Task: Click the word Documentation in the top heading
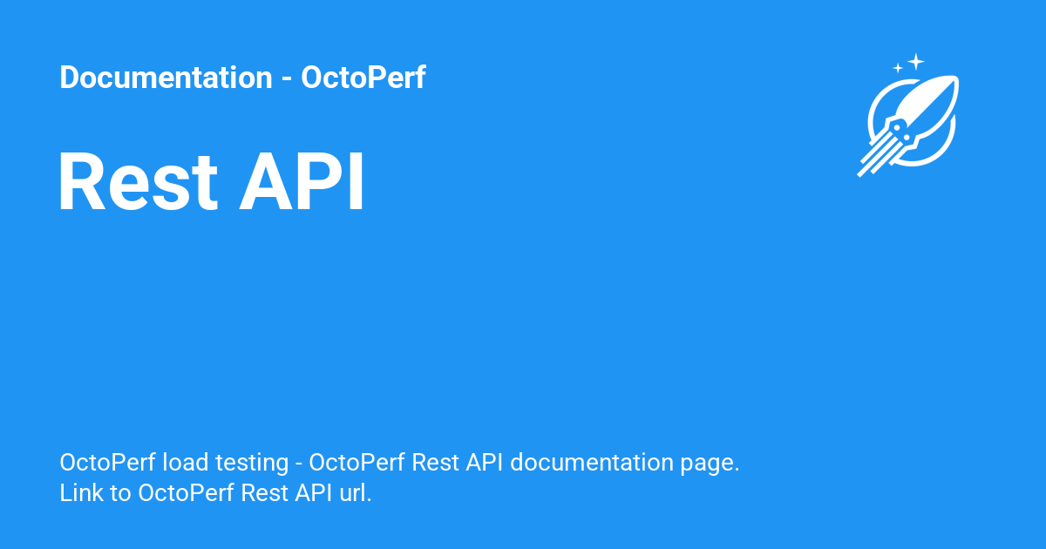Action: [x=166, y=77]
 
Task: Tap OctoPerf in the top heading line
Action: [x=363, y=77]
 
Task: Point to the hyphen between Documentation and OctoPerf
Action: [x=287, y=79]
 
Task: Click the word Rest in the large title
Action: [x=139, y=181]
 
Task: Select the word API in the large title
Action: [x=302, y=181]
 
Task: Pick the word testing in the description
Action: [x=252, y=464]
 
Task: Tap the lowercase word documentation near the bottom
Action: [x=592, y=462]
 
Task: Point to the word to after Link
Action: [x=120, y=493]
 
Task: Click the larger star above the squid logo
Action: [x=916, y=62]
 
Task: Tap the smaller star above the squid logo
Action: [x=898, y=68]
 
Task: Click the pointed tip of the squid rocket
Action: [x=957, y=78]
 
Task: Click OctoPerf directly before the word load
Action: [x=107, y=462]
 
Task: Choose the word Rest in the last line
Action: [x=264, y=492]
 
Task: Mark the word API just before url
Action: [x=313, y=492]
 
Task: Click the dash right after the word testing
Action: [x=299, y=464]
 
